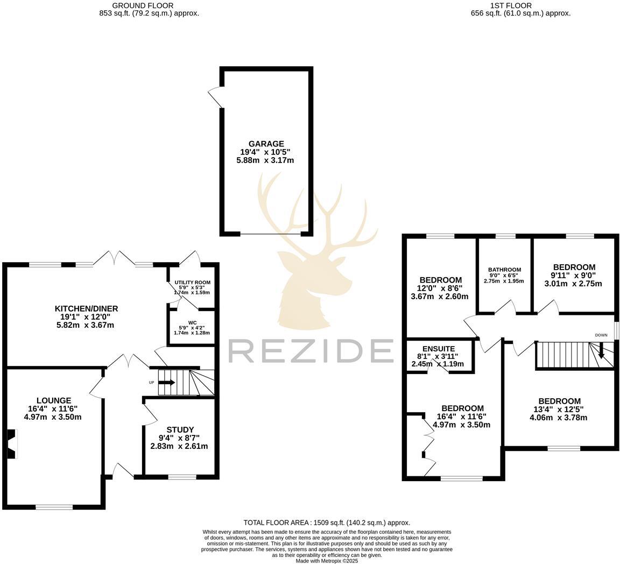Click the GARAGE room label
tap(266, 144)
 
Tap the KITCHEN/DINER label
tap(86, 308)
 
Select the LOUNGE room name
tap(54, 400)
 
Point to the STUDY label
tap(180, 429)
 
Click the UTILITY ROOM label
tap(192, 282)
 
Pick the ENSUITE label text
tap(439, 349)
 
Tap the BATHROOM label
tap(504, 270)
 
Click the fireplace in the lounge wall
tap(12, 444)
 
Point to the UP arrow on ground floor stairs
tap(167, 383)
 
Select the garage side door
tap(215, 97)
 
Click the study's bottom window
tap(182, 477)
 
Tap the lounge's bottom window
tap(54, 506)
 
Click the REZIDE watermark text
tap(311, 351)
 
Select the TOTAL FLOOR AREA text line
tap(327, 523)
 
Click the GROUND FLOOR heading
tap(149, 6)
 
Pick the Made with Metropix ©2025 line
tap(327, 561)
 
